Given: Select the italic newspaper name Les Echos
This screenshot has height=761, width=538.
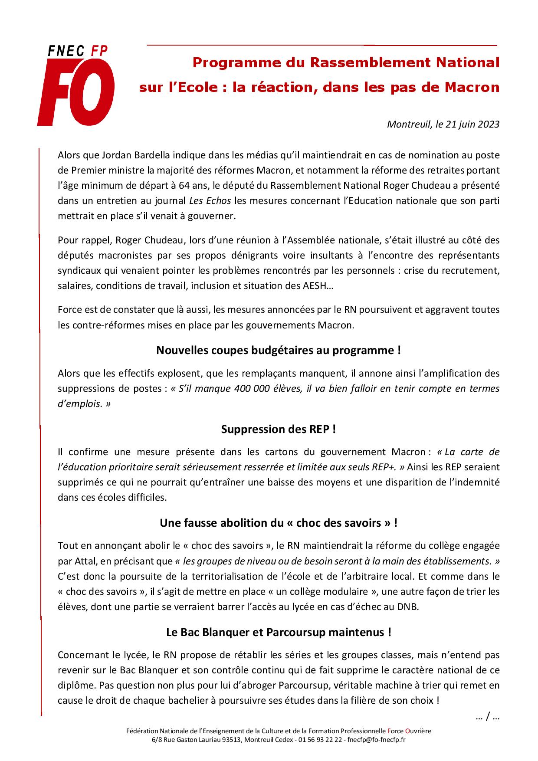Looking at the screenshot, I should (x=210, y=200).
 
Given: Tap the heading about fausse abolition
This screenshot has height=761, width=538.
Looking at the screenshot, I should (x=278, y=523).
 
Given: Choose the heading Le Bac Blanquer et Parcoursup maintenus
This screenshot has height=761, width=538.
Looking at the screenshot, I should (x=278, y=632).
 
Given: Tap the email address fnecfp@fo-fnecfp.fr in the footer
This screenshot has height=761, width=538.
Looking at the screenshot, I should (x=376, y=740).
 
